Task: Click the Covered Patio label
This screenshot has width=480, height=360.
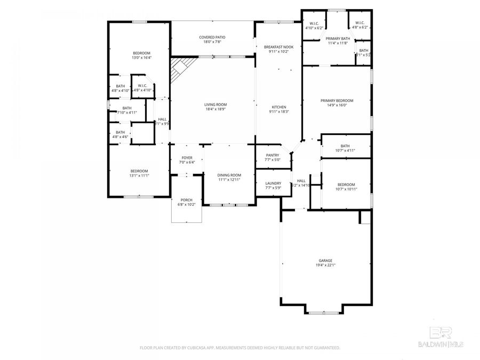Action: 212,37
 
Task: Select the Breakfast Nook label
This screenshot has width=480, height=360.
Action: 278,47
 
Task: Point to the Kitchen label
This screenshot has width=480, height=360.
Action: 278,107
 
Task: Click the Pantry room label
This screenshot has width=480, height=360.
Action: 273,155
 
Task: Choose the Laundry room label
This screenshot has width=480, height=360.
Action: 273,183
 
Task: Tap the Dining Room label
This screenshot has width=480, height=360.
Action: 229,175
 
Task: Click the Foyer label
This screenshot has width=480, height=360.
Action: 187,158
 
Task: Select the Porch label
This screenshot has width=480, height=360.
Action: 186,200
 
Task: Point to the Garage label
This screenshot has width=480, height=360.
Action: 325,260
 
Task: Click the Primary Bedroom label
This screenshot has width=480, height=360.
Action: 337,100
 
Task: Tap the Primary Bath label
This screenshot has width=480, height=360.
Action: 338,38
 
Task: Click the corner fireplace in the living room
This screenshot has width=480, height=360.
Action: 180,68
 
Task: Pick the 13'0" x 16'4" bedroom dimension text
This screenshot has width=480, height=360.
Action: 141,58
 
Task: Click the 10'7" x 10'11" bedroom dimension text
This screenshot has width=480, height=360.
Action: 346,189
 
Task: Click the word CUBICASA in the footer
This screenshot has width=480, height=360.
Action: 193,348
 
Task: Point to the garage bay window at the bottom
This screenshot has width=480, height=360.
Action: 324,313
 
